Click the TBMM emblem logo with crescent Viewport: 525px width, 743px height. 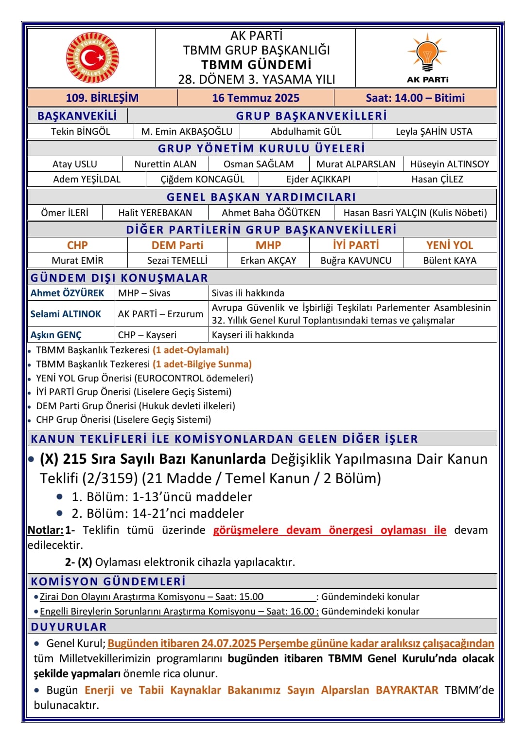coord(92,58)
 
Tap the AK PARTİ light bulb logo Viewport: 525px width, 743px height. coord(427,53)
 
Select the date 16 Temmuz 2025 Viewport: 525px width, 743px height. coord(256,98)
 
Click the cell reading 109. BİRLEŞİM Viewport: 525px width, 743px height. coord(102,98)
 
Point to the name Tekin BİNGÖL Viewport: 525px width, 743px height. coord(81,131)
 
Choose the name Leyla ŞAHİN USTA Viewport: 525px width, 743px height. coord(434,131)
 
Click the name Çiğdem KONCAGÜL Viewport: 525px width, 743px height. coord(202,179)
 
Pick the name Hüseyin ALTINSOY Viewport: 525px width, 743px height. coord(450,164)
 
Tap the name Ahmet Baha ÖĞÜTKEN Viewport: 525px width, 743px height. coord(271,213)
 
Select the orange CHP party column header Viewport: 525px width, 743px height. coord(77,245)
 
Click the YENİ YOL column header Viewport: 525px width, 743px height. coord(450,245)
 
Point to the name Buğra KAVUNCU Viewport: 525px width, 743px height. coord(356,260)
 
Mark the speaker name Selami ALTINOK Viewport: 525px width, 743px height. coord(66,314)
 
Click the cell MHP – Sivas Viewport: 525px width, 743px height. coord(144,293)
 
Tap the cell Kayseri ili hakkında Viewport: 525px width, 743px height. coord(253,335)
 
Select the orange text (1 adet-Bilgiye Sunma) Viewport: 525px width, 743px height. coord(202,364)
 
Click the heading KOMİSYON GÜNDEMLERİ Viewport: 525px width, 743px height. coord(108,581)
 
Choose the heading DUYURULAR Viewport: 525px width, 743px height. coord(69,627)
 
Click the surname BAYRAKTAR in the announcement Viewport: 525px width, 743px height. coord(407,690)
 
